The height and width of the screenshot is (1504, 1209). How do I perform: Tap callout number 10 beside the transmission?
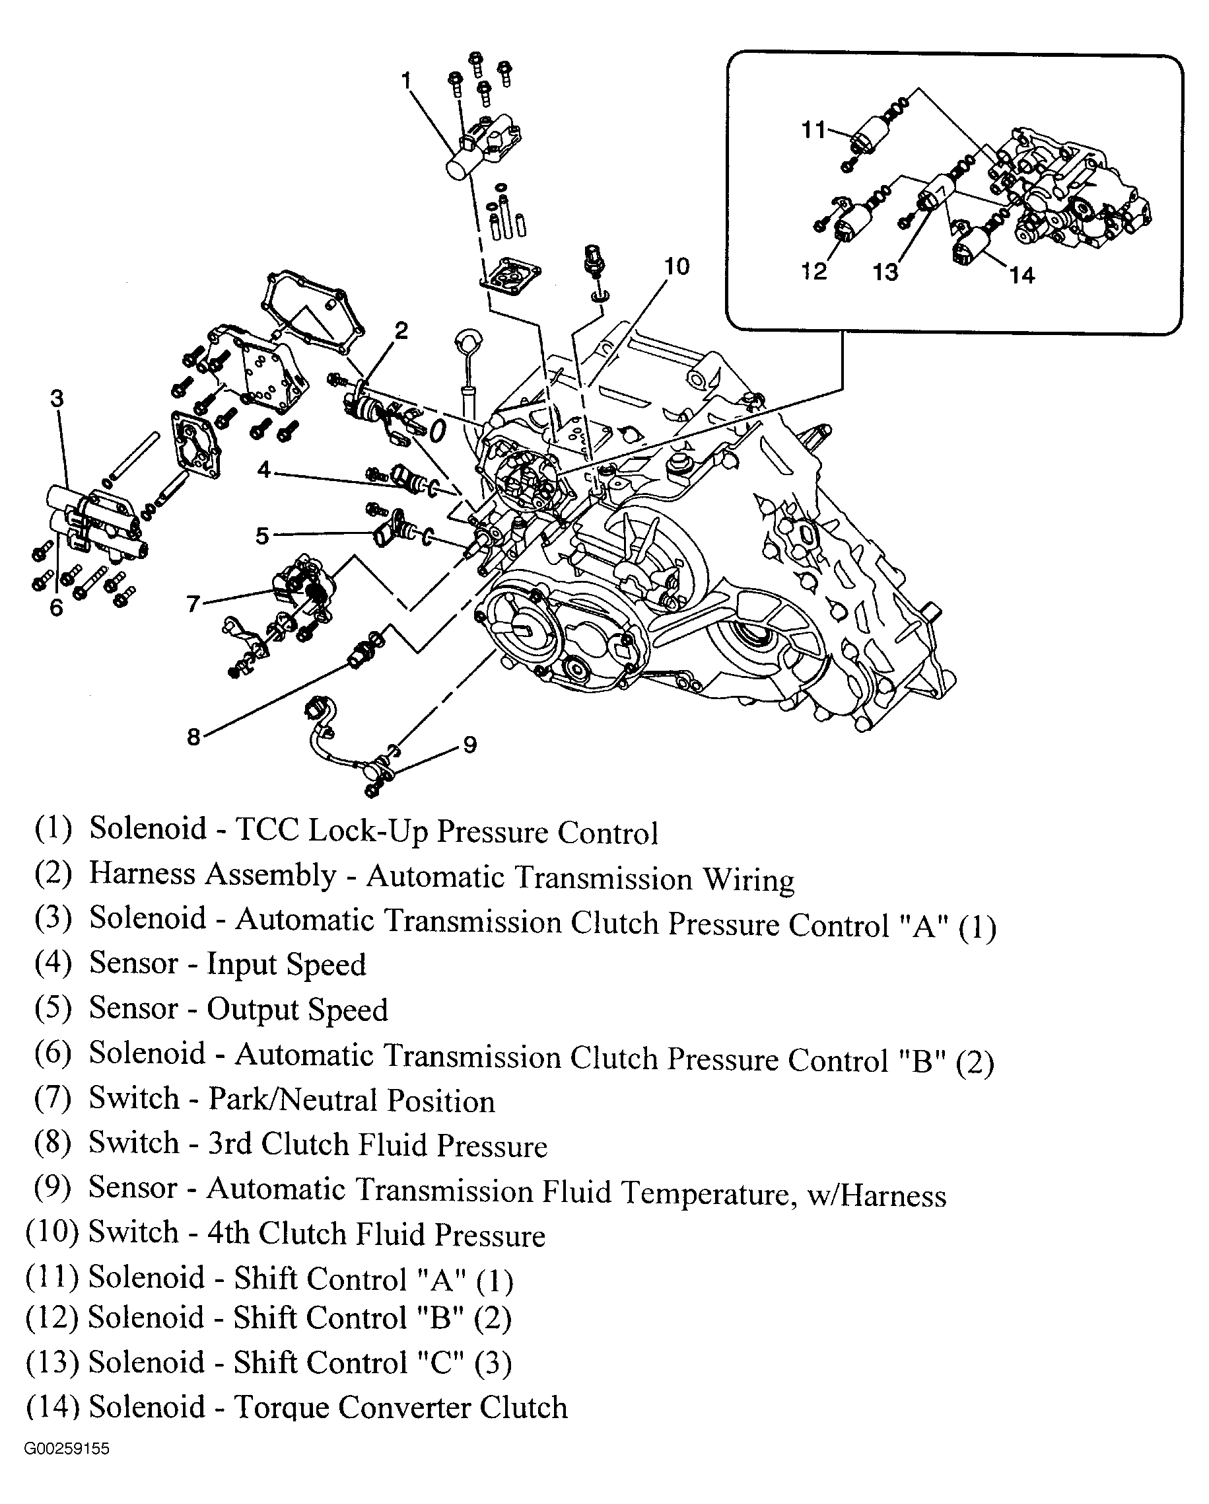675,266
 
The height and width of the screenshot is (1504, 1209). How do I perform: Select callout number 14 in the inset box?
1022,276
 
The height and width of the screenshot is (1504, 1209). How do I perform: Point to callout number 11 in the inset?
813,130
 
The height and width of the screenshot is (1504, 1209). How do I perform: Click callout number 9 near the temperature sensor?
470,744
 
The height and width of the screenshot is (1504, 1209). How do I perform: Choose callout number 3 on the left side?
57,398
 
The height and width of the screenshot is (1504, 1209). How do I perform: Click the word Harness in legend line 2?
141,875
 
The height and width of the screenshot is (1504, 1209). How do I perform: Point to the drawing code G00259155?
66,1449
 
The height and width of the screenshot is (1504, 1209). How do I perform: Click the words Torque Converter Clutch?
400,1407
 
